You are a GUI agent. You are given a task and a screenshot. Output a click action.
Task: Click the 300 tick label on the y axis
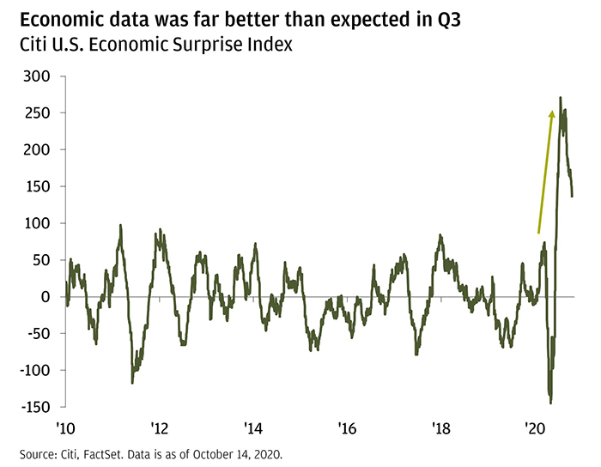(37, 76)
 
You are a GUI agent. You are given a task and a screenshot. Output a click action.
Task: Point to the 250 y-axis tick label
(37, 113)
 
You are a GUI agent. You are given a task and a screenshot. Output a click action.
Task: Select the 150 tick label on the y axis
(37, 186)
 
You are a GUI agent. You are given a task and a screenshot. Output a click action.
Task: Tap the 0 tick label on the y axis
(46, 297)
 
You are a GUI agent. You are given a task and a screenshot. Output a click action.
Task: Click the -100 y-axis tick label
(33, 371)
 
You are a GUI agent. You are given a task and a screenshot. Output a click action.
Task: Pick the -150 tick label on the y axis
(33, 407)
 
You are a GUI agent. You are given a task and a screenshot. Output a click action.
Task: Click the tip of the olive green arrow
(552, 111)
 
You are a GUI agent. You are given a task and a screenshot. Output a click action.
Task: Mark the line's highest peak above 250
(560, 98)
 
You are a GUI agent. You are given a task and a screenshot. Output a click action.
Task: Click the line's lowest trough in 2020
(550, 403)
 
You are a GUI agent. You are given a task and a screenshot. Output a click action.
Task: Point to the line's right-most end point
(573, 196)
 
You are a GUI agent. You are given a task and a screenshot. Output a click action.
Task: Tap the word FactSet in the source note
(105, 453)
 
